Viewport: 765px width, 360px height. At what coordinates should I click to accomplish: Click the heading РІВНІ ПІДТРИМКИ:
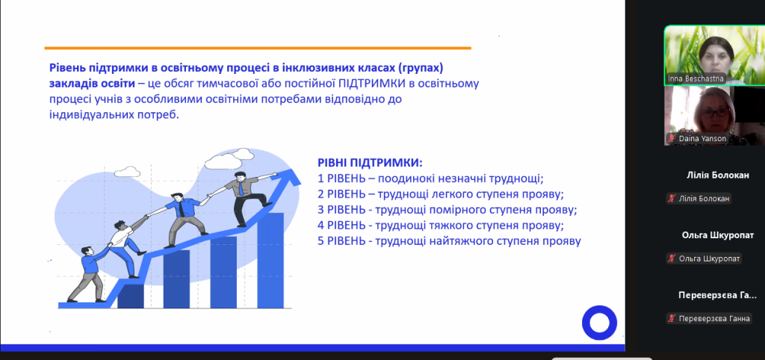(x=370, y=162)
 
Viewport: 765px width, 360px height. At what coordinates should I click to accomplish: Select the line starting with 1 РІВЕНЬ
(x=430, y=179)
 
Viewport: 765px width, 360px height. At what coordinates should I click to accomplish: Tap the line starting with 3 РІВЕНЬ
(x=447, y=210)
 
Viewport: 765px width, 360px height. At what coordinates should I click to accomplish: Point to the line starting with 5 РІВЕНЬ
(x=449, y=241)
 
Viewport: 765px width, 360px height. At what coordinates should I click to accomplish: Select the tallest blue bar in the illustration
(x=270, y=260)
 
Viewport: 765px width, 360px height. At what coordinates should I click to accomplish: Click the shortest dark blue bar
(x=131, y=296)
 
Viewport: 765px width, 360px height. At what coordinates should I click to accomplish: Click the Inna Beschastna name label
(x=696, y=78)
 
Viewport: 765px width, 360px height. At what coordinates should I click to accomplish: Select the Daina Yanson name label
(x=698, y=138)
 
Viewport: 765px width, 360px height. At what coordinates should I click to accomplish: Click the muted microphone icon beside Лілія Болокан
(x=672, y=199)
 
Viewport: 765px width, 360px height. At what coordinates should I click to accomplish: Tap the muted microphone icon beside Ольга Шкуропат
(x=672, y=258)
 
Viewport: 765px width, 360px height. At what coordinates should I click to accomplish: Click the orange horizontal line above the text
(x=258, y=49)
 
